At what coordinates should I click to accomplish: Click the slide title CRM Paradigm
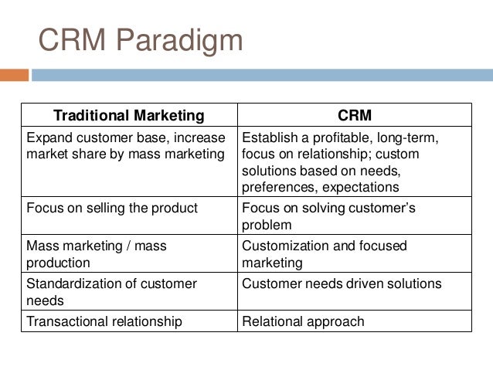point(141,40)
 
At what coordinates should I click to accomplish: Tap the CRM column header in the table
point(355,116)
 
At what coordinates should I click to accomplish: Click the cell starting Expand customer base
point(127,145)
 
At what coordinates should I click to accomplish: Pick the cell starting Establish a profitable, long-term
point(341,162)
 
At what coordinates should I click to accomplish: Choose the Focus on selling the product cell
point(112,209)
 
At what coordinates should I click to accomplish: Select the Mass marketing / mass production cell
point(97,254)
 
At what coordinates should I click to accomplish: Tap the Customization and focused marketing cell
point(324,254)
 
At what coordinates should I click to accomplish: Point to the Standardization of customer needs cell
point(111,292)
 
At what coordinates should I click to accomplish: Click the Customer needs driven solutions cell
point(342,284)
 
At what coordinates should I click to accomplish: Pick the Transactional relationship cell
point(104,321)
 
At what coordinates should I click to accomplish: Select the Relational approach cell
point(303,321)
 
